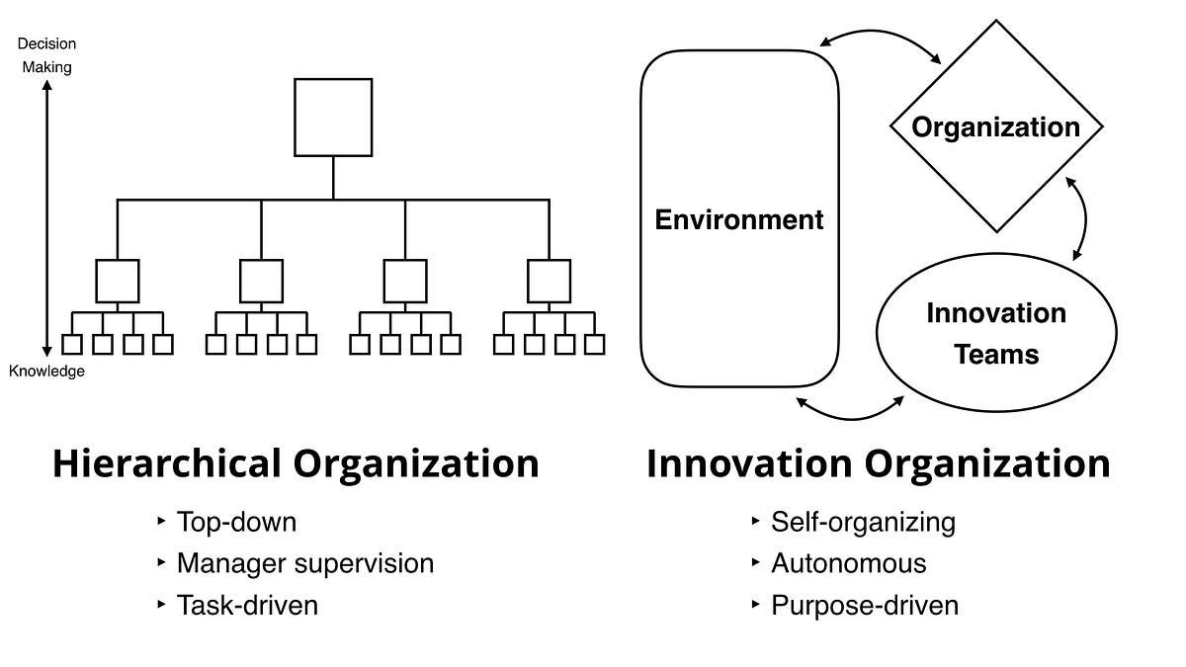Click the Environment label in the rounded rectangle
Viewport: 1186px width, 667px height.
(x=739, y=219)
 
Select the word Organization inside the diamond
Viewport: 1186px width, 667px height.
(x=996, y=127)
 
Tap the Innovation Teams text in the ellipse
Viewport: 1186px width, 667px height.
(x=996, y=334)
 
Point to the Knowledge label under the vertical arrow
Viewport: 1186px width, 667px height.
(x=46, y=372)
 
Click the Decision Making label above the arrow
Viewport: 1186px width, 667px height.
(x=46, y=55)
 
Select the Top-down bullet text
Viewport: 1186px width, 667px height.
(x=236, y=522)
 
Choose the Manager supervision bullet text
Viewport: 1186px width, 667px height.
(x=305, y=563)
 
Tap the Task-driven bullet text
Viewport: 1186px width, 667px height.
(x=247, y=605)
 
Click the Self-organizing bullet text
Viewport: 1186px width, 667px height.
(x=863, y=523)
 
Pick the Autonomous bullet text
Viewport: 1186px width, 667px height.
(x=849, y=563)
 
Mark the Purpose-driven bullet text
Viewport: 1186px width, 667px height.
(x=865, y=606)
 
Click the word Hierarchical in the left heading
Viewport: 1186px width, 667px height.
(x=167, y=463)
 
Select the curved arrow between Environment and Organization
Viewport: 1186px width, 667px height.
(x=880, y=32)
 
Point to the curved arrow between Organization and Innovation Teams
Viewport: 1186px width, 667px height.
(x=1085, y=218)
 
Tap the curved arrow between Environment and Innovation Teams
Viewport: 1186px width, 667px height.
(x=850, y=418)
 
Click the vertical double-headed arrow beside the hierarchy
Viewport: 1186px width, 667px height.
(x=47, y=218)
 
